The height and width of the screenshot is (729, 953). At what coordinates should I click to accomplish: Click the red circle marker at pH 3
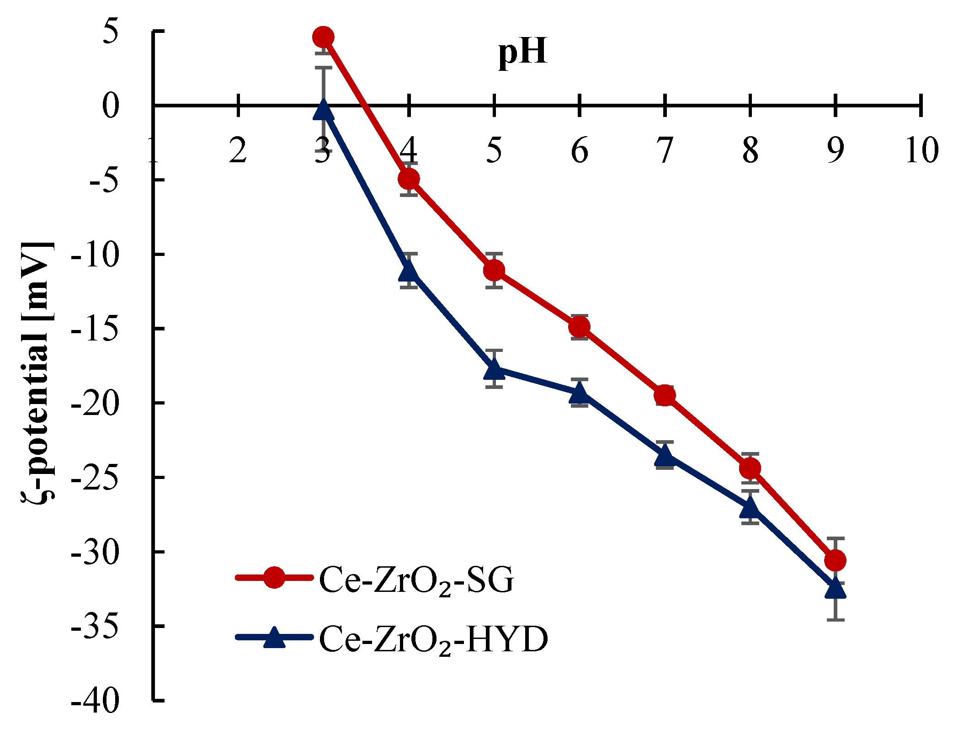coord(323,37)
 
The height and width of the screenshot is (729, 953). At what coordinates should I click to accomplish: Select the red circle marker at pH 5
coord(494,271)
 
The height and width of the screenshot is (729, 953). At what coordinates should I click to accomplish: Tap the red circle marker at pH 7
coord(665,395)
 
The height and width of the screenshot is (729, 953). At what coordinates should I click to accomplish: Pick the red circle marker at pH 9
coord(836,560)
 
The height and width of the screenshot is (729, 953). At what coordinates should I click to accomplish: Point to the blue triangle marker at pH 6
coord(579,393)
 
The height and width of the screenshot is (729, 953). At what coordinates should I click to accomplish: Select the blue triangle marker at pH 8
coord(750,507)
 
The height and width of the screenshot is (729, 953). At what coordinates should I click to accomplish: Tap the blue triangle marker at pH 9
coord(836,590)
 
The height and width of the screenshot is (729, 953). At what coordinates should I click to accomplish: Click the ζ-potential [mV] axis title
coord(38,370)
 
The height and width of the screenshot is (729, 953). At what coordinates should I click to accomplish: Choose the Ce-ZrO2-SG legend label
coord(416,580)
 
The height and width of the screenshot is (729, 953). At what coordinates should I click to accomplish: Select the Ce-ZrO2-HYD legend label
coord(433,639)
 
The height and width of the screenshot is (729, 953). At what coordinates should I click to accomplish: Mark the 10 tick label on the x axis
coord(921,150)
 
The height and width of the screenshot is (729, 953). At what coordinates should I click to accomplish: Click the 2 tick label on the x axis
coord(238,150)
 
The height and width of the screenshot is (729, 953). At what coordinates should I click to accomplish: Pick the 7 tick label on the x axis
coord(665,150)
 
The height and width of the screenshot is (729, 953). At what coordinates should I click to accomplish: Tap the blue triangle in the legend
coord(274,638)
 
